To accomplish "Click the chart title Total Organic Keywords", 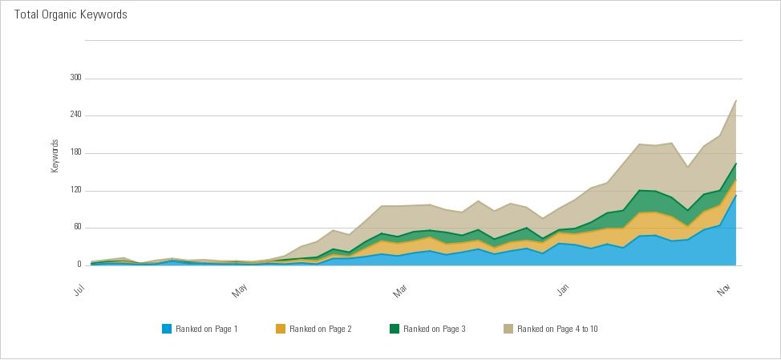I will pyautogui.click(x=71, y=15).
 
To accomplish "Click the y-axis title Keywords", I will pyautogui.click(x=55, y=156).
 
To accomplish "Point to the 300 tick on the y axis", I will pyautogui.click(x=76, y=79).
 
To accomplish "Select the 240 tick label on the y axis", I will pyautogui.click(x=76, y=115).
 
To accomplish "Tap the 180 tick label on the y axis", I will pyautogui.click(x=76, y=153).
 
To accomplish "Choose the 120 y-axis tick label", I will pyautogui.click(x=76, y=191).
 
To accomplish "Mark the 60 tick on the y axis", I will pyautogui.click(x=78, y=228).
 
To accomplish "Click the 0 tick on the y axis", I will pyautogui.click(x=79, y=265).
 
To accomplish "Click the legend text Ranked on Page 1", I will pyautogui.click(x=206, y=329).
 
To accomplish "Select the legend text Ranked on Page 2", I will pyautogui.click(x=320, y=329).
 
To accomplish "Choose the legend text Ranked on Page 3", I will pyautogui.click(x=434, y=329).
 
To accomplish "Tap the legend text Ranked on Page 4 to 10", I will pyautogui.click(x=557, y=329).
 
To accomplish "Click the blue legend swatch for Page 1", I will pyautogui.click(x=167, y=329).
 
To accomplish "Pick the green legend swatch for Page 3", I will pyautogui.click(x=395, y=329).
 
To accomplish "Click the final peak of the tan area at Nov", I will pyautogui.click(x=736, y=100).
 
